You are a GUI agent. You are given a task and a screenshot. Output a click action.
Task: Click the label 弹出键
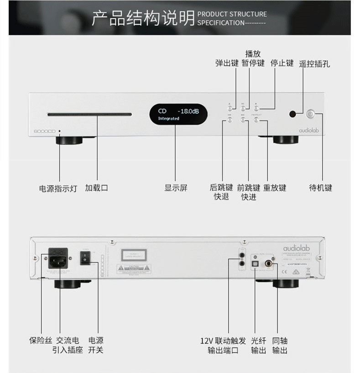coord(227,63)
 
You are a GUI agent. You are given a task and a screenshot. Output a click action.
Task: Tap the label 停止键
coord(282,63)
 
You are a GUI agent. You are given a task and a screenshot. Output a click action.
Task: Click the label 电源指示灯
coord(58,188)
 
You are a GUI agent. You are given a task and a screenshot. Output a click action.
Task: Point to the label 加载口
coord(96,188)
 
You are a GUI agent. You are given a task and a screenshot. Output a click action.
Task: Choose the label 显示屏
coord(176,188)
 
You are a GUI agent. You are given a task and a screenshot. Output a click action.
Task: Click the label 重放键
coord(275,188)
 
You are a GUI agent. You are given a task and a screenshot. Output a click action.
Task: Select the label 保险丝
coord(41,341)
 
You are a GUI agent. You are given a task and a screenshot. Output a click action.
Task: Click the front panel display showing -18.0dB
coord(178,114)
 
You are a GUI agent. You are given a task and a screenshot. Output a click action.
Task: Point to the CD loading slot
coord(89,115)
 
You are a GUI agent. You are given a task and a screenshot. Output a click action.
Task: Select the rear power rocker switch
coord(84,258)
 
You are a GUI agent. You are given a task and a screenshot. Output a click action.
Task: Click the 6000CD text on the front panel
coord(44,131)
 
